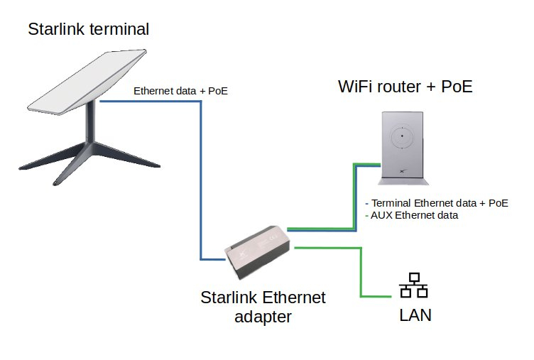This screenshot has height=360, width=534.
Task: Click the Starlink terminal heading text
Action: click(x=89, y=29)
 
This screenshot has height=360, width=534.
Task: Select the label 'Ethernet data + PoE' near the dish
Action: click(x=180, y=91)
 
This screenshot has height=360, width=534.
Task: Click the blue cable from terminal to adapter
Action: click(x=201, y=178)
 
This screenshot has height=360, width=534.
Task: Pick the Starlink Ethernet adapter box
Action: click(x=255, y=253)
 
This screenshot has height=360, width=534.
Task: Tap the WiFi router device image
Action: click(x=402, y=146)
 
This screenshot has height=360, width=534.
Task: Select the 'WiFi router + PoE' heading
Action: click(x=405, y=87)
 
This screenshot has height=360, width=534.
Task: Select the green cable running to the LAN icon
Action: click(x=361, y=273)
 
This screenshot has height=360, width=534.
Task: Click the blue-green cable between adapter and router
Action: click(x=354, y=199)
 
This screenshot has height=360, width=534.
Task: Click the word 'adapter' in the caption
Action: click(x=263, y=316)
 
